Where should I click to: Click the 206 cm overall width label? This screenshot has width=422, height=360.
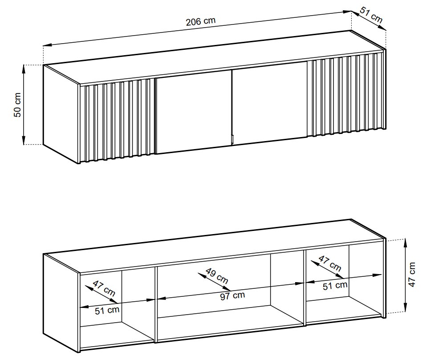click(201, 21)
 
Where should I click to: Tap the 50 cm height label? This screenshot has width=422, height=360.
click(17, 105)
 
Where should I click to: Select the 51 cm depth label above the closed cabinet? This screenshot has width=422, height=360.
click(371, 15)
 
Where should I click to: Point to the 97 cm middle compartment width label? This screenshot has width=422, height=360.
click(232, 296)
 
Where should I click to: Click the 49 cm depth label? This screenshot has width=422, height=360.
click(217, 275)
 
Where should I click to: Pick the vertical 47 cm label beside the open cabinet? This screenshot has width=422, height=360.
click(412, 275)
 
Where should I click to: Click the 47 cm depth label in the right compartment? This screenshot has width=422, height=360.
click(330, 263)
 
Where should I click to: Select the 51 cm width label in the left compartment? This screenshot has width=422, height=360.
click(107, 310)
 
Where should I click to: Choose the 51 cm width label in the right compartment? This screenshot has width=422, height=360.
click(335, 286)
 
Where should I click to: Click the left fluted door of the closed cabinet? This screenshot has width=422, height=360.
click(118, 121)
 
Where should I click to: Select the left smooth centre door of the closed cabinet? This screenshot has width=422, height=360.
click(194, 112)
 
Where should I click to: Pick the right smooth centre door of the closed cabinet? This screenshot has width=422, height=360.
click(269, 103)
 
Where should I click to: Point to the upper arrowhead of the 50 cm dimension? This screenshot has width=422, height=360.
click(24, 69)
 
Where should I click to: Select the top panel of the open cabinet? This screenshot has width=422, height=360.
click(214, 246)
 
